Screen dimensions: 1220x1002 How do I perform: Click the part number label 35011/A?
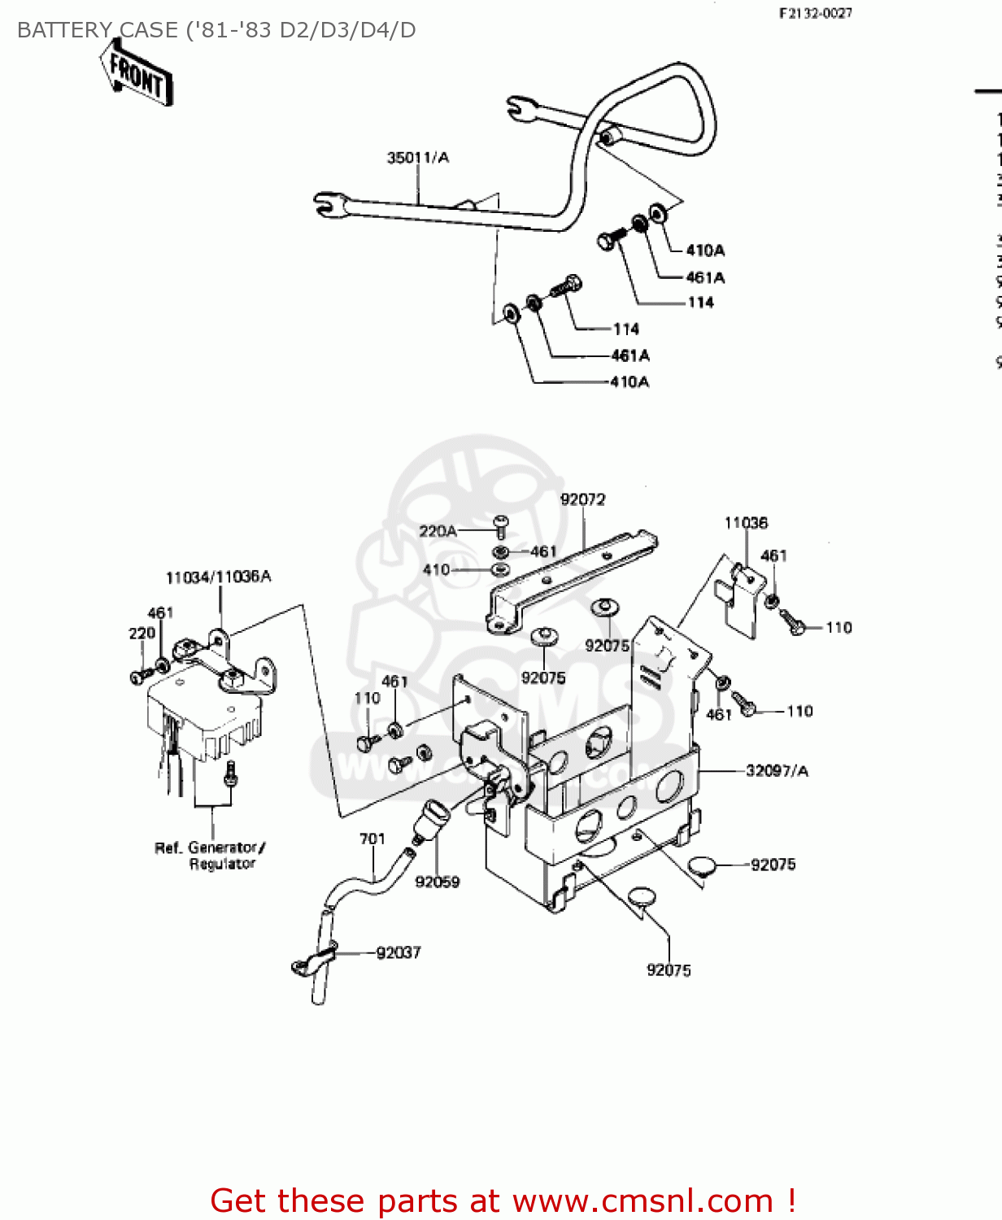(417, 158)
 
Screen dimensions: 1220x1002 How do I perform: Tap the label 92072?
(582, 499)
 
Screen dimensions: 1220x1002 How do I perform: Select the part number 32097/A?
(777, 771)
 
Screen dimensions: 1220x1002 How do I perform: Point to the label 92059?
(437, 882)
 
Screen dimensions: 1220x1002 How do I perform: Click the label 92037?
(399, 952)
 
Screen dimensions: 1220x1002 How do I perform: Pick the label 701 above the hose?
(372, 839)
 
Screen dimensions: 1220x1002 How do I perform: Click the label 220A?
(438, 531)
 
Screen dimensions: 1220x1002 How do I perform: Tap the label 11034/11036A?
(218, 577)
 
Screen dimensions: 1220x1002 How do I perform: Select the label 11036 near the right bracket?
(746, 523)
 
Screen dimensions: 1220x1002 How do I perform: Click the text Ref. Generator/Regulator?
(211, 856)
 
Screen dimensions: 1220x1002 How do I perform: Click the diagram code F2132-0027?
(815, 13)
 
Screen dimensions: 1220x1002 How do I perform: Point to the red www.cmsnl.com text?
(643, 1200)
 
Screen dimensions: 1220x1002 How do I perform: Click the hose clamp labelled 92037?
(313, 961)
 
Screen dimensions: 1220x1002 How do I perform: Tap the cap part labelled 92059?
(430, 816)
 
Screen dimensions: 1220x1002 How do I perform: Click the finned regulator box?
(203, 712)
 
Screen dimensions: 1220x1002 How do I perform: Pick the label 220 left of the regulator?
(142, 633)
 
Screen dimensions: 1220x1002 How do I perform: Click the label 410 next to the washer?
(436, 569)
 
